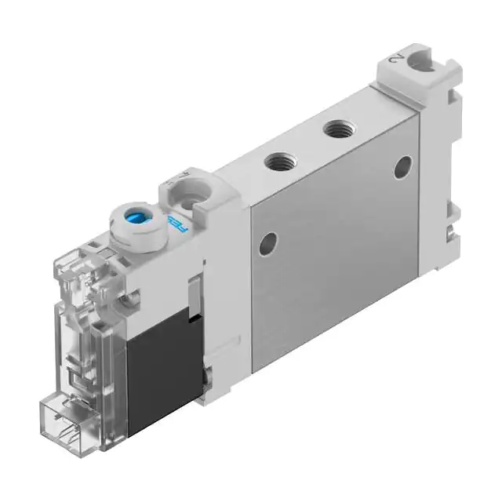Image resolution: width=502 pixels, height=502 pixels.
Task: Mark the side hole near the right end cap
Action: pyautogui.click(x=402, y=166)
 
